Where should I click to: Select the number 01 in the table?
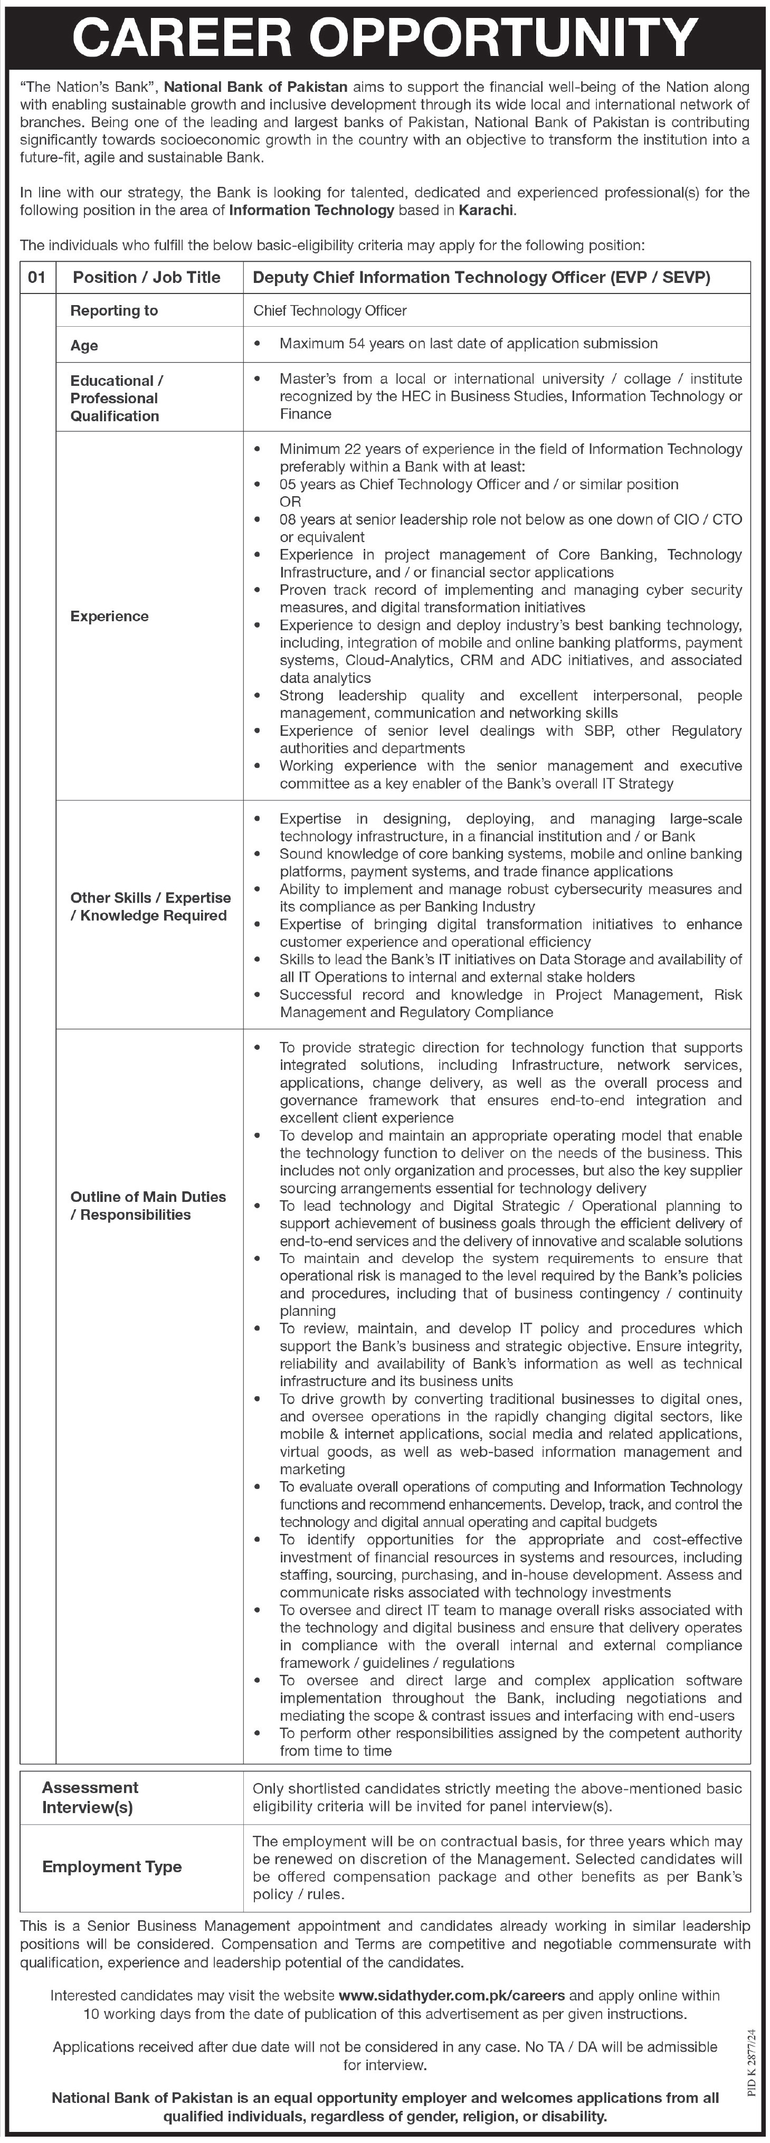coord(36,277)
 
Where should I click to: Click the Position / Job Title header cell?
coord(146,277)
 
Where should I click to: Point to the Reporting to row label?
coord(114,310)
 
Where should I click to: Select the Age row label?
coord(84,345)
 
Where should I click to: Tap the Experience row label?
coord(109,615)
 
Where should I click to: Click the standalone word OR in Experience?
coord(290,501)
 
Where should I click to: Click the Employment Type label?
coord(111,1867)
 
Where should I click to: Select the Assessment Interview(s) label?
coord(90,1797)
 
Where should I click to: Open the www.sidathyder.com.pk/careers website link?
coord(452,1995)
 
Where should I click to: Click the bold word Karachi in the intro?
coord(487,211)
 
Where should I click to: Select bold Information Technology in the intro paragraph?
coord(311,211)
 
